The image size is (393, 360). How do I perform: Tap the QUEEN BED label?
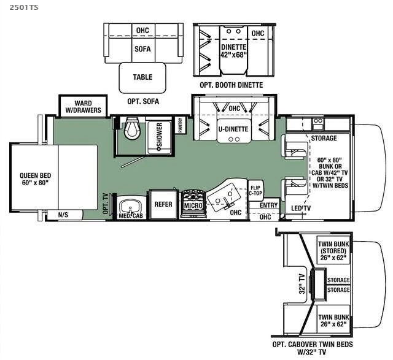point(35,178)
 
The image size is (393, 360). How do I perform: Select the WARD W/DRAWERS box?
point(83,107)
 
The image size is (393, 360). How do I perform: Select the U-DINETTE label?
point(233,129)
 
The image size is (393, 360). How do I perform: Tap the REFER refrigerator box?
point(163,204)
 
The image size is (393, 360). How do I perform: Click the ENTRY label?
point(268,205)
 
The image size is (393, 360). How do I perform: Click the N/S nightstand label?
point(63,215)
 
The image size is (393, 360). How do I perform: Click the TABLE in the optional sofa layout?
point(142,77)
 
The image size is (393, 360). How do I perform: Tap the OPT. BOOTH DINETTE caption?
point(231,85)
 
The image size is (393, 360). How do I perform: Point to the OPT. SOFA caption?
point(142,101)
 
